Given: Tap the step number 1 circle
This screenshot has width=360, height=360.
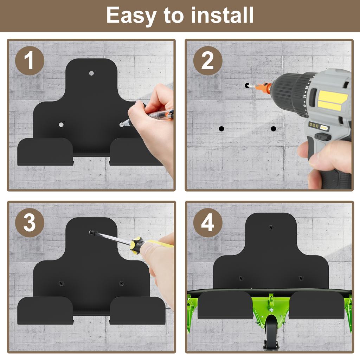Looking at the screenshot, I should tap(30, 61).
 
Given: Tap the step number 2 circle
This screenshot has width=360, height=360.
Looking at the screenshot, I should tap(207, 61).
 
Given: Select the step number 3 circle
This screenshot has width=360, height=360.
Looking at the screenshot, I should tap(30, 223).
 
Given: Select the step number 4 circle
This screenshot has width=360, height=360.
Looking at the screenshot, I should tap(207, 223).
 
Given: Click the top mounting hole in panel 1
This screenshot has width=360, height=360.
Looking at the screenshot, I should tap(91, 73).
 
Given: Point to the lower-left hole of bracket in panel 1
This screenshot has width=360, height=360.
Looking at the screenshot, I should tap(61, 125).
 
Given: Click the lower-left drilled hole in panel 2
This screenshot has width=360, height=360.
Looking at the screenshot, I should tap(221, 129).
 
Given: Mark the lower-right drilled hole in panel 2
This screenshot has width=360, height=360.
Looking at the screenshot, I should tap(273, 129).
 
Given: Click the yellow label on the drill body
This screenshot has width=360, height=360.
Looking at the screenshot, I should tap(332, 100).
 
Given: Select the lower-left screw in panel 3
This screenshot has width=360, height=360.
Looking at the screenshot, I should tap(61, 283).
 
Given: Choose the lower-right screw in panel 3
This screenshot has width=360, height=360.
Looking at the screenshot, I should tap(122, 283).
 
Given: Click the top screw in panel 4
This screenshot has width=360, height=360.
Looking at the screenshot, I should tap(271, 227).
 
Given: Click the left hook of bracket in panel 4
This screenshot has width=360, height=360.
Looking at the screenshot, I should tap(225, 305).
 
